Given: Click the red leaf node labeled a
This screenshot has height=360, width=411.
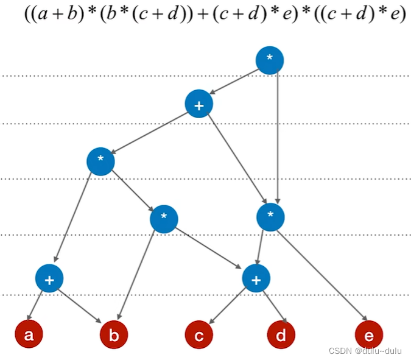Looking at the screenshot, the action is click(x=29, y=334).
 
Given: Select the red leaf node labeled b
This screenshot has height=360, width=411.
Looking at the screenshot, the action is click(x=114, y=334).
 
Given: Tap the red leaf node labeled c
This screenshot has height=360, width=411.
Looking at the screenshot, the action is click(x=199, y=334).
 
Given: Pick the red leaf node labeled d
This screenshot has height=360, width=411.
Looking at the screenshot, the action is click(x=281, y=334).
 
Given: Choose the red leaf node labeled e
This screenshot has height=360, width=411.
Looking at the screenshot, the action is click(x=369, y=334).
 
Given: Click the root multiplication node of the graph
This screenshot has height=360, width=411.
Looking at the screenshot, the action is click(x=270, y=60).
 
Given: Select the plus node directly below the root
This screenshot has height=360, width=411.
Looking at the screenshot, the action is click(x=199, y=104).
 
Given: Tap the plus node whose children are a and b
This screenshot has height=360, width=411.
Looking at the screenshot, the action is click(x=49, y=278).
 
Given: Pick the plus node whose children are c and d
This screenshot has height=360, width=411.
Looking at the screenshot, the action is click(x=256, y=278).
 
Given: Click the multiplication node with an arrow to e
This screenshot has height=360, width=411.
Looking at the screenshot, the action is click(x=270, y=217).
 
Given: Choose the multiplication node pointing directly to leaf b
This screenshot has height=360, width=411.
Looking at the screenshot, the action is click(x=164, y=219).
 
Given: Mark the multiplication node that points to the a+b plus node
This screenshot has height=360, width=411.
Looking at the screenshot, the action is click(x=100, y=161).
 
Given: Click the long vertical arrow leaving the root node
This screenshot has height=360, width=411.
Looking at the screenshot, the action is click(x=278, y=136).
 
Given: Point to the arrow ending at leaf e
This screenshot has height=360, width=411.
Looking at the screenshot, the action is click(x=323, y=275).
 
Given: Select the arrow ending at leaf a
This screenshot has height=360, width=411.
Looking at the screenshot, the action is click(x=35, y=305).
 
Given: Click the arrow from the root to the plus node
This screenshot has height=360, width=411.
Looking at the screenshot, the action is click(x=234, y=82).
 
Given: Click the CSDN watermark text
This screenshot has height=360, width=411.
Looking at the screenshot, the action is click(x=365, y=351).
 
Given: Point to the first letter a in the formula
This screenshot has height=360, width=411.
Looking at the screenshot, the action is click(x=43, y=13).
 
